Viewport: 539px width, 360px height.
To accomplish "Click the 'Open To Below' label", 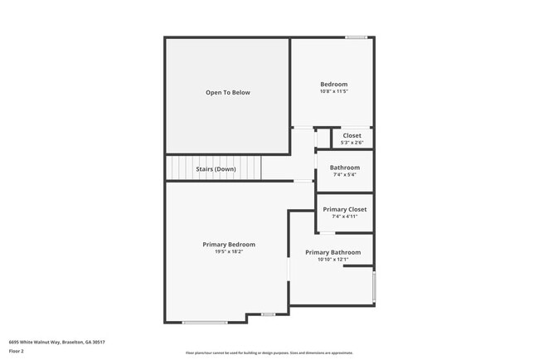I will [x=228, y=93].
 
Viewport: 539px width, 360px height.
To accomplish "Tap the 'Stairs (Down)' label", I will [x=216, y=169].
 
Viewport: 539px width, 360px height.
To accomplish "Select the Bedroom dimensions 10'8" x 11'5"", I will [x=334, y=91].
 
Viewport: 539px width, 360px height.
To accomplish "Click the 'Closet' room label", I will [x=352, y=135].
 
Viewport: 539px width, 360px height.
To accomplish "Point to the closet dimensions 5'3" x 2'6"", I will [x=352, y=143].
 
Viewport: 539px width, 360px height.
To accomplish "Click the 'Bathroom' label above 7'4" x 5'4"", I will [x=345, y=167].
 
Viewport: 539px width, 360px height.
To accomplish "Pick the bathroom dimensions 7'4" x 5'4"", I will [x=345, y=174].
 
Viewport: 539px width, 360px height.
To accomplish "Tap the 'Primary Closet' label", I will [x=345, y=209].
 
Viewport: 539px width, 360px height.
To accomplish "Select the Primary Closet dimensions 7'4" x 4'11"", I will [x=345, y=216].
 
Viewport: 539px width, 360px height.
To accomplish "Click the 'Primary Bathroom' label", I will [x=333, y=252].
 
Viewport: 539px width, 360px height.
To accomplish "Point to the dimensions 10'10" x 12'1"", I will [x=333, y=260].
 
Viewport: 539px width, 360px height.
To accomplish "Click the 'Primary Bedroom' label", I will [x=229, y=245].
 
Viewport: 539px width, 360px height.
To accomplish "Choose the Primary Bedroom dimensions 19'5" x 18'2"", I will [x=229, y=252].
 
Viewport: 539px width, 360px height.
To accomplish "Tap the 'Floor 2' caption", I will [x=17, y=351].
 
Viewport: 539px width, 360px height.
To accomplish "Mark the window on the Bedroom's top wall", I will [x=357, y=36].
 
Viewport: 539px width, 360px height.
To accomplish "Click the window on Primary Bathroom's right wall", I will [x=374, y=286].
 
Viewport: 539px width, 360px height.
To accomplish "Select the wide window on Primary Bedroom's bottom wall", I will [x=205, y=323].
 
